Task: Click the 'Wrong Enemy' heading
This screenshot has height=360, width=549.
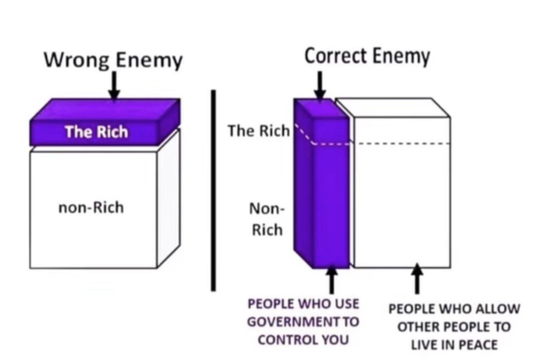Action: [113, 61]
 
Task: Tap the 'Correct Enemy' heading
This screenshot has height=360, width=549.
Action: [367, 57]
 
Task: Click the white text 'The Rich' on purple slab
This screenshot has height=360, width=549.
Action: [96, 132]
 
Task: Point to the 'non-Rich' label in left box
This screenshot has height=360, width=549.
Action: [91, 208]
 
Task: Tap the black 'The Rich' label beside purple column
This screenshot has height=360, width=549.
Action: [258, 131]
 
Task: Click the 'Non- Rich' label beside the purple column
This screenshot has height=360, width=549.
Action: [266, 219]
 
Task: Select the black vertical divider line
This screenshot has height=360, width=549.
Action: [213, 190]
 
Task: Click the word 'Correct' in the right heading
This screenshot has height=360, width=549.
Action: [335, 57]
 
